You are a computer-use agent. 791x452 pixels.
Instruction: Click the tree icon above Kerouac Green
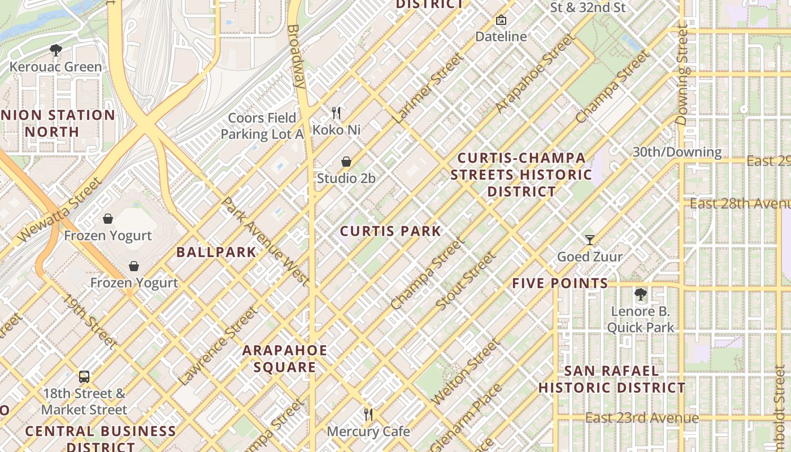point(55,50)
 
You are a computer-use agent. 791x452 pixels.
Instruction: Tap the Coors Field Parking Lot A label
point(262,126)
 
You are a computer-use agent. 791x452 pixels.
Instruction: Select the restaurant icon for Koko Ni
point(336,113)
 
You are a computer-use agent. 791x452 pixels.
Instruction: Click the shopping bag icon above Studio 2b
point(346,162)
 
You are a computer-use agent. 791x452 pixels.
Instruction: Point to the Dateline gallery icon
point(501,20)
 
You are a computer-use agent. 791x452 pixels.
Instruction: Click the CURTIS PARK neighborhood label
point(390,231)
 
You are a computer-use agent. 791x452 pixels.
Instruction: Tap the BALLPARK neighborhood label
point(216,252)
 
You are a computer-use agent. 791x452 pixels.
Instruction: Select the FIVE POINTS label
point(560,284)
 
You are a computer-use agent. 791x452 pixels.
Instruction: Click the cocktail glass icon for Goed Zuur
point(590,240)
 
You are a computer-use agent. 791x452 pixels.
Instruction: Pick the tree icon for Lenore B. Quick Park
point(640,294)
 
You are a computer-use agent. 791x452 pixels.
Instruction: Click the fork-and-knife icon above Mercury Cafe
point(368,415)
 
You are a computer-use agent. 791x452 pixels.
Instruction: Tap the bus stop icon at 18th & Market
point(84,377)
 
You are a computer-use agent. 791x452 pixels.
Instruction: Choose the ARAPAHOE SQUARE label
point(285,359)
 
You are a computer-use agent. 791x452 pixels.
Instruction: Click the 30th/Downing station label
point(677,152)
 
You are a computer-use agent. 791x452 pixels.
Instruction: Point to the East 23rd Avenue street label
point(642,418)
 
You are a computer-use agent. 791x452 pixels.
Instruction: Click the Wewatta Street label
point(59,209)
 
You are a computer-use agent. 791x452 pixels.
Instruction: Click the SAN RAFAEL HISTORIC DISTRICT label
point(611,379)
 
